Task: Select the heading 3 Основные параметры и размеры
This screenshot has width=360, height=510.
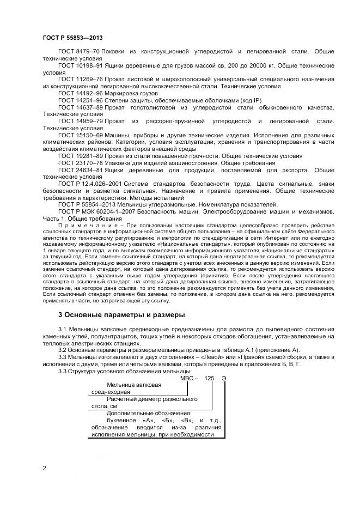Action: tap(122, 315)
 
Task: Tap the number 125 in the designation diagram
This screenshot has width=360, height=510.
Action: tap(210, 378)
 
